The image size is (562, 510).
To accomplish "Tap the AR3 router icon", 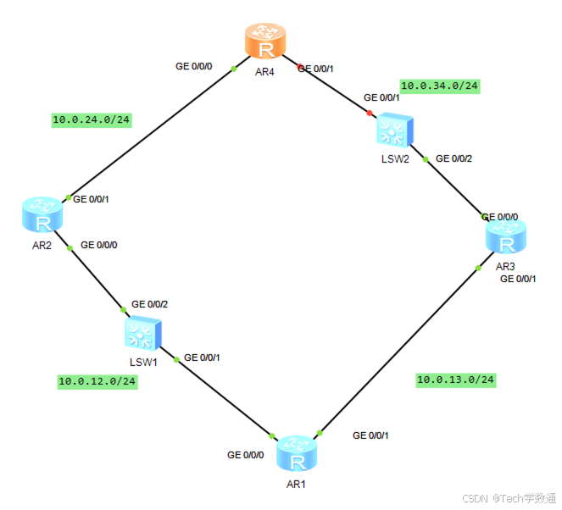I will point(506,237).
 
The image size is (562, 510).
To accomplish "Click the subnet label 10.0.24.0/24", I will point(92,119).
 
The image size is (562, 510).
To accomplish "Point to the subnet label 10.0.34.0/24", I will point(440,86).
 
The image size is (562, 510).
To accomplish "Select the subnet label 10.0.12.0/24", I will point(97,381).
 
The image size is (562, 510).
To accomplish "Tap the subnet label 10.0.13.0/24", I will point(456,380).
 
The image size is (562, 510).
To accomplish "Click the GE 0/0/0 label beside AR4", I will point(195,65).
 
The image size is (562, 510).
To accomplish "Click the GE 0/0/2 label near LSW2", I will point(454,158).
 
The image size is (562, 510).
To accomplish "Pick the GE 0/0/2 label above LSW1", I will point(150,304).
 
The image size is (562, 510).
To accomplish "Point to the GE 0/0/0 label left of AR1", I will point(246,455).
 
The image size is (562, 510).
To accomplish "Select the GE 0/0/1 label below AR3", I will point(518,278).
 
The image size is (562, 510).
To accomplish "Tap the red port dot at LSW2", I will point(369,113).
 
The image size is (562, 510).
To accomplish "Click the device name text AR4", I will point(265,72).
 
